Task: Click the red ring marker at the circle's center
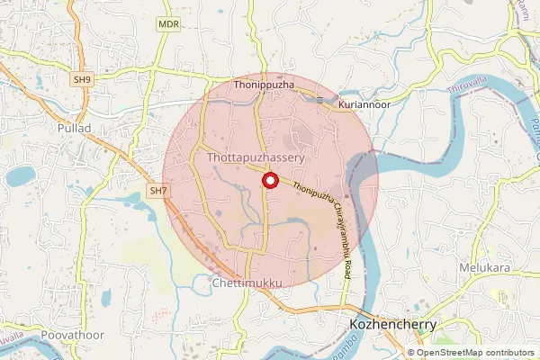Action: click(x=268, y=181)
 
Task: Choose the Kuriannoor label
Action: click(x=364, y=105)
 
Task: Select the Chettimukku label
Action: click(x=247, y=283)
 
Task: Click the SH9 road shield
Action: click(x=83, y=80)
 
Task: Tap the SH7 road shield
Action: click(x=159, y=191)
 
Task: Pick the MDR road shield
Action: click(x=166, y=24)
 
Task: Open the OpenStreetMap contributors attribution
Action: click(x=474, y=353)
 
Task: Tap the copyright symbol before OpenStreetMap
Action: click(x=410, y=353)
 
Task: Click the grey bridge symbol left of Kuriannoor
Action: click(x=320, y=99)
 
